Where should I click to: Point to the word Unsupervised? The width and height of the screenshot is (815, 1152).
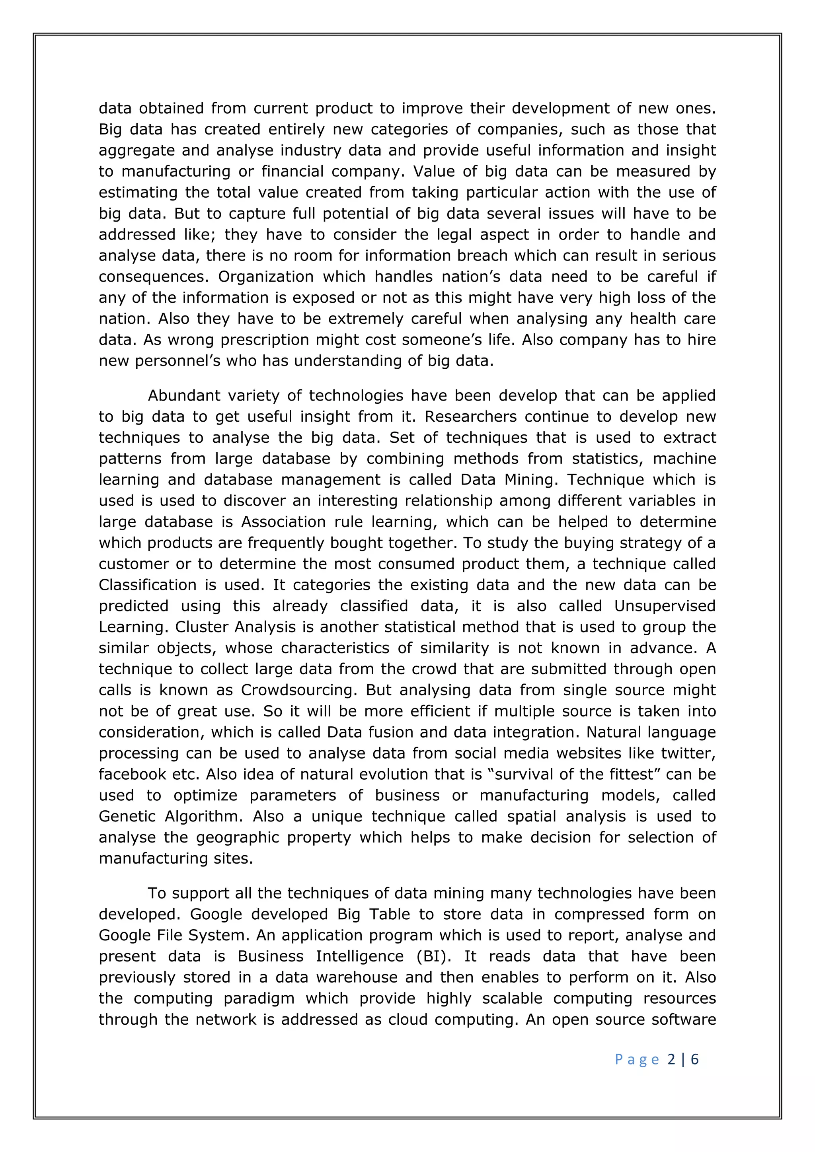pyautogui.click(x=665, y=606)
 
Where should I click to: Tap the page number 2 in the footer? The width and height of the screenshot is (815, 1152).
pyautogui.click(x=671, y=1059)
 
